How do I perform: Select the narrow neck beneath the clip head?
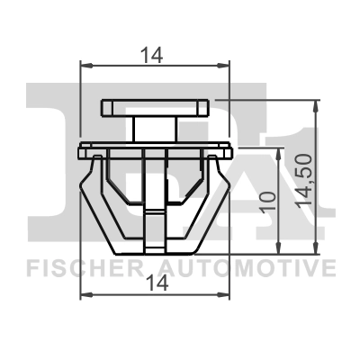click(150, 127)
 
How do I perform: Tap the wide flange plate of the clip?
click(155, 145)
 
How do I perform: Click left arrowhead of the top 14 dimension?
click(85, 65)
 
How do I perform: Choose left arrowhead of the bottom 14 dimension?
click(85, 294)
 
